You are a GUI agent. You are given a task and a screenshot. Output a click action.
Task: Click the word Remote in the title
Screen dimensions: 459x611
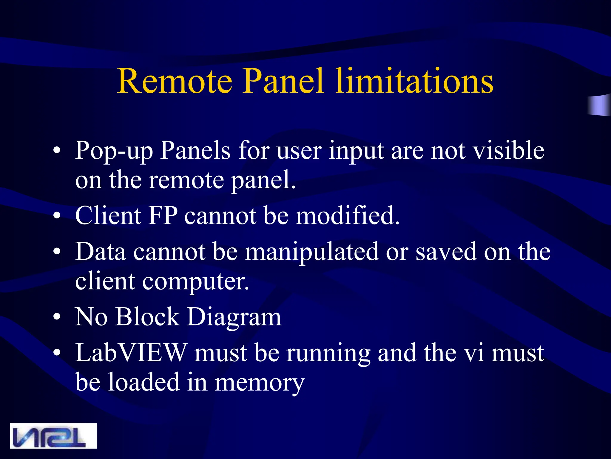tap(175, 81)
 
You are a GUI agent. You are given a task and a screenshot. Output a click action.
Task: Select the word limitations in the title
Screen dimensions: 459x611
tap(414, 81)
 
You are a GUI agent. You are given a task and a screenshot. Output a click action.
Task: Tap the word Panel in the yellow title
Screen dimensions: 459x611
tap(283, 81)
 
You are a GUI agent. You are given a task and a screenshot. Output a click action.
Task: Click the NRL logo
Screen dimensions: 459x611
tap(53, 436)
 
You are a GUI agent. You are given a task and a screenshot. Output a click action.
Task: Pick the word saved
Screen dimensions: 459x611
tap(446, 252)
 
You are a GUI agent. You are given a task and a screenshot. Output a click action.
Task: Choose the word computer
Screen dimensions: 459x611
tap(195, 282)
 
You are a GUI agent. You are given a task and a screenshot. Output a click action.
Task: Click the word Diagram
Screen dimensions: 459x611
tap(234, 317)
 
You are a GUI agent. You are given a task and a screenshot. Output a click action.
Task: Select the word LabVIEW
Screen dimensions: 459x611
tap(131, 353)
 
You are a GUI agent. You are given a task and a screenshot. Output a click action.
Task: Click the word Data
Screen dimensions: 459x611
tap(101, 252)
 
